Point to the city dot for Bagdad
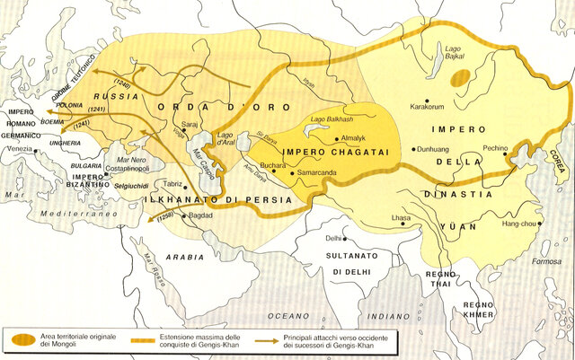pos(185,216)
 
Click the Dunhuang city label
pos(435,149)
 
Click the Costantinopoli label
pos(107,169)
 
